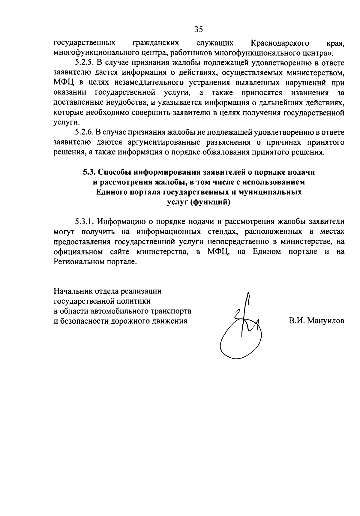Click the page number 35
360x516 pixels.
point(199,29)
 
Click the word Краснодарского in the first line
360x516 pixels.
point(280,43)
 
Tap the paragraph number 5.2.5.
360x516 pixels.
point(85,63)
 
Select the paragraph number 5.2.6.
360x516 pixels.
point(85,132)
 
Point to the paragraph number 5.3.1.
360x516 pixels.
point(85,222)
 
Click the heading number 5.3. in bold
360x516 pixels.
point(89,172)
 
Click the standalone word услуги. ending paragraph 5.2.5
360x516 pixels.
point(63,122)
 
